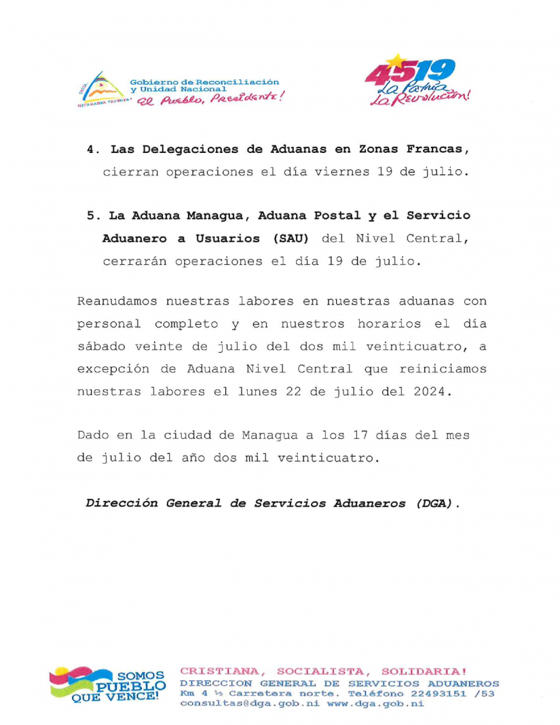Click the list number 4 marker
click(x=91, y=149)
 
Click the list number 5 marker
click(x=91, y=215)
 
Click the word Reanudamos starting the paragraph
click(x=115, y=301)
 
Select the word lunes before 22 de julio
click(x=312, y=392)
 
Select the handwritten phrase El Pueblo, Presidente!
click(x=209, y=100)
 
